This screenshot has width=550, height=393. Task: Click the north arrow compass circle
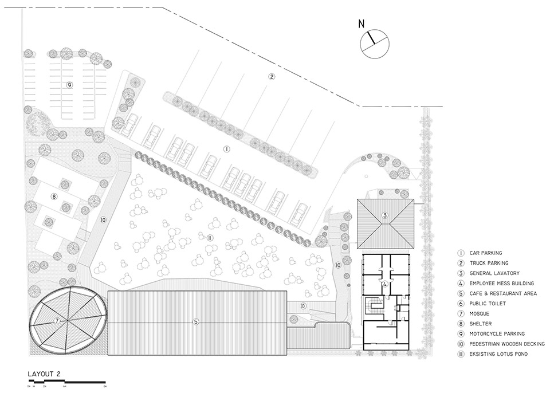(375, 44)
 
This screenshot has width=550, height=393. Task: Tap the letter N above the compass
(361, 23)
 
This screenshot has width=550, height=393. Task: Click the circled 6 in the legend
(460, 303)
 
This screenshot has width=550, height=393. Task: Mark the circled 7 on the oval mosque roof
(57, 320)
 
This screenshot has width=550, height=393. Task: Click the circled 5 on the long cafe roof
(196, 322)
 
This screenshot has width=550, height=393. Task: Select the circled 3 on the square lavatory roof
(385, 215)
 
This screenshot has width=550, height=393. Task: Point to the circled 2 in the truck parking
(272, 76)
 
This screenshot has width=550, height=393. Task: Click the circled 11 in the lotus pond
(210, 237)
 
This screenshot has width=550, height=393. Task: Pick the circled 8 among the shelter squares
(54, 196)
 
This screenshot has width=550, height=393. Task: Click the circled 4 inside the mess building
(386, 284)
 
